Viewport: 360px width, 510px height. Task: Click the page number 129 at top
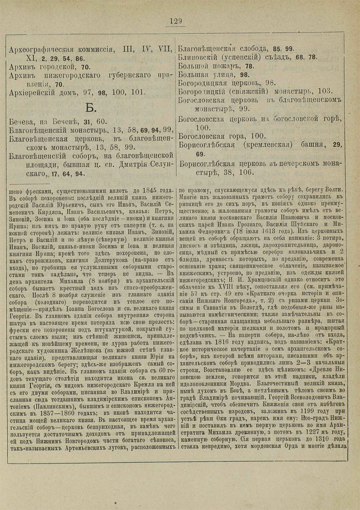click(x=176, y=21)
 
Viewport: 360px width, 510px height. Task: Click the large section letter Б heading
click(x=90, y=107)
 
